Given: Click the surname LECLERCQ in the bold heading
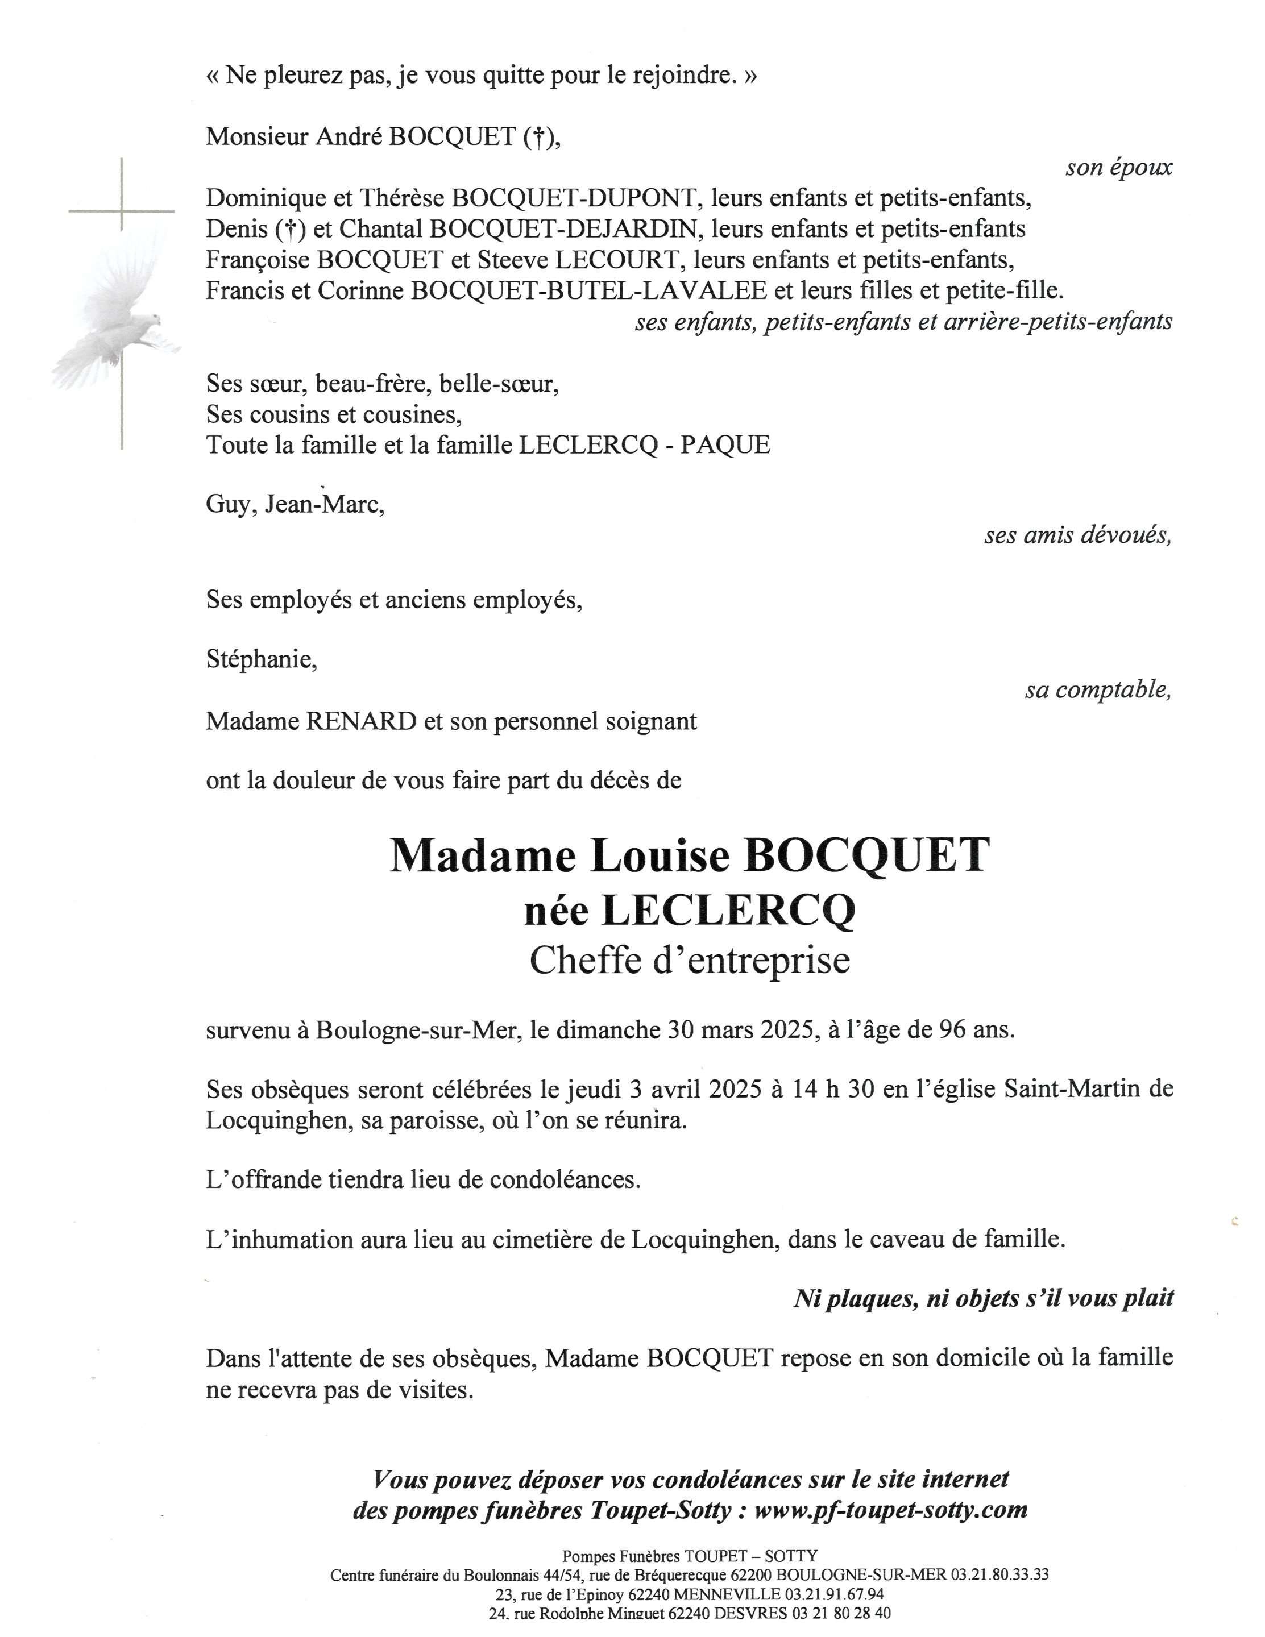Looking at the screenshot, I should (x=728, y=911).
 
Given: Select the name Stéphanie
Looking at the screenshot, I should (x=261, y=660).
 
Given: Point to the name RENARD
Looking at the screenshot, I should (x=362, y=722).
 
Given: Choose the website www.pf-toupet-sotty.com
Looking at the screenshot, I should (x=890, y=1509).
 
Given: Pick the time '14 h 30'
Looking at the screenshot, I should (x=832, y=1089).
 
